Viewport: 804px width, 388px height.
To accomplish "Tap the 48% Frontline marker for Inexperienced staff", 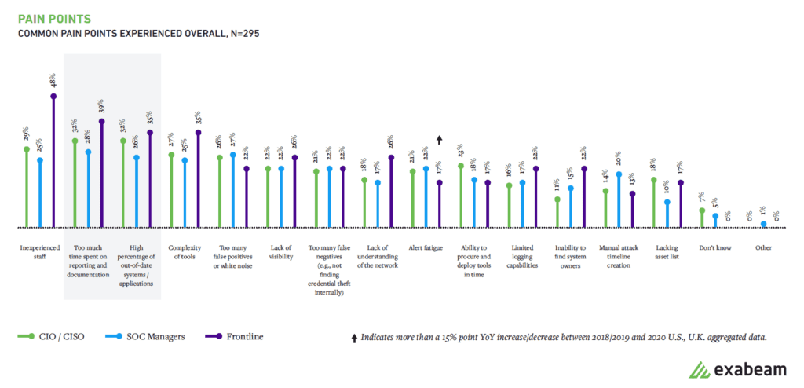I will (x=53, y=97).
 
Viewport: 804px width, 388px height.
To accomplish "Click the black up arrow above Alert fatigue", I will (x=440, y=140).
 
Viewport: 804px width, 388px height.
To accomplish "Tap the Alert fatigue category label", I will (x=426, y=248).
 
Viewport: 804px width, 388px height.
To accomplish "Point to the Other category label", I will (x=763, y=248).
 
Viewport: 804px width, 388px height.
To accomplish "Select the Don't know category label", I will (x=715, y=248).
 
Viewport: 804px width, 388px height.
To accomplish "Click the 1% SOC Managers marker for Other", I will (x=764, y=224).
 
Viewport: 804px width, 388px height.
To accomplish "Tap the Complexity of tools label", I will (x=185, y=252).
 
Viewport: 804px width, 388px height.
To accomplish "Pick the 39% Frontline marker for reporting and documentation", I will (x=102, y=122).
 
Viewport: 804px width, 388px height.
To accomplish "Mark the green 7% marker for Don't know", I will (x=703, y=210).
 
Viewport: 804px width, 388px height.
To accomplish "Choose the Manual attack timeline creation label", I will (x=619, y=257).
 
